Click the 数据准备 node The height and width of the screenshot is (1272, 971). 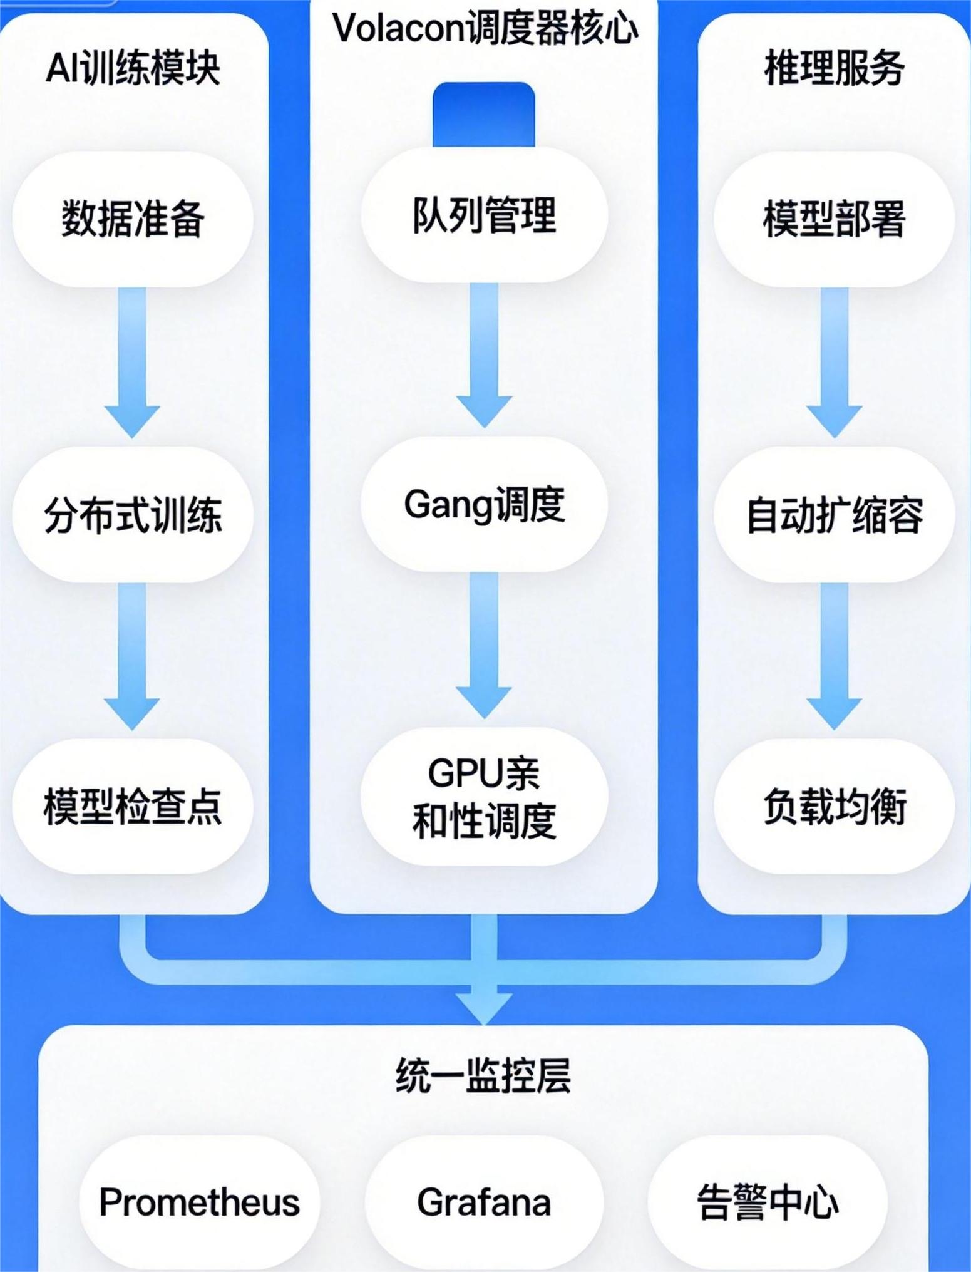coord(133,219)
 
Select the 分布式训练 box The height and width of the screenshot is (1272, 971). coord(133,515)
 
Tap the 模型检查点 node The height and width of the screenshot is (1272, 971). coord(133,806)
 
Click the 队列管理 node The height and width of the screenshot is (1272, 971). coord(484,215)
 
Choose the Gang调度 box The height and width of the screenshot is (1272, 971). coord(484,505)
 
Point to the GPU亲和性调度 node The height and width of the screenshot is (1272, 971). coord(484,797)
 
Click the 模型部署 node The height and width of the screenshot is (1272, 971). coord(834,219)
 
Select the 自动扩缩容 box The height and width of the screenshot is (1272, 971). coord(834,515)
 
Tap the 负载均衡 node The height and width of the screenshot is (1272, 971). coord(834,806)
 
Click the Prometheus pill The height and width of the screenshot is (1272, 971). coord(199,1202)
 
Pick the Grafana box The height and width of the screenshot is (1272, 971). coord(484,1202)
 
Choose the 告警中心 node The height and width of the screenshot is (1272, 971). coord(768,1202)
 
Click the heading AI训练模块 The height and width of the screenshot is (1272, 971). coord(133,68)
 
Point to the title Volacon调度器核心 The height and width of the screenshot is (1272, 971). coord(484,28)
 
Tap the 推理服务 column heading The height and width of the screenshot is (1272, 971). coord(834,68)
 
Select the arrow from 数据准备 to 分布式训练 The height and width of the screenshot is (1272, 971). coord(132,360)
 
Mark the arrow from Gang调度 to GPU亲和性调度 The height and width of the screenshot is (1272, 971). coord(483,642)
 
